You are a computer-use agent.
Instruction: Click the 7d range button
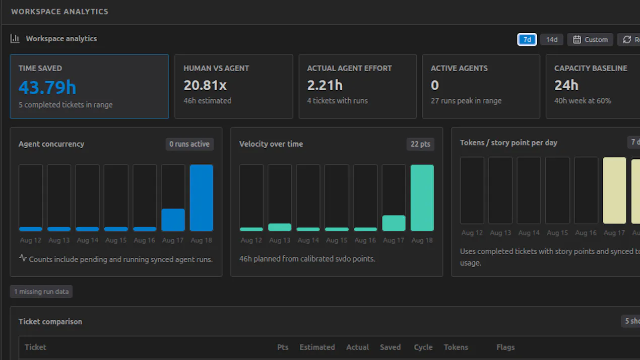tap(527, 39)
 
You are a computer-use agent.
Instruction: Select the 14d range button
tap(552, 39)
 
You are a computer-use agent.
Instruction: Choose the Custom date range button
tap(590, 39)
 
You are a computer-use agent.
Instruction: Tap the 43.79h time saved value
tap(47, 87)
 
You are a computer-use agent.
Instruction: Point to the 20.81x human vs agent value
tap(205, 85)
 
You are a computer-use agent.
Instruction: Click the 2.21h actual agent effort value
tap(325, 85)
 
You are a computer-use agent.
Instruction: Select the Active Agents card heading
tap(459, 69)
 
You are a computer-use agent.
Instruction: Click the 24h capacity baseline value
tap(566, 85)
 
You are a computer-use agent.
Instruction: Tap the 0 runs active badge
tap(189, 144)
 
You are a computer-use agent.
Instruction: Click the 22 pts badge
tap(420, 144)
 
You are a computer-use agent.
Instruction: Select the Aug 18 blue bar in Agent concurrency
tap(202, 198)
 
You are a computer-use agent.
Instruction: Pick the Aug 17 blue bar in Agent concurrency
tap(173, 220)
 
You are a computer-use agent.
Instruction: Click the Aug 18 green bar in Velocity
tap(422, 198)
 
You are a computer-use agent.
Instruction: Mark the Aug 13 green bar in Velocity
tap(280, 227)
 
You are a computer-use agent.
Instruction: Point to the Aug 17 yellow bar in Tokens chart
tap(614, 190)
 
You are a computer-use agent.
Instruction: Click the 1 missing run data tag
tap(41, 291)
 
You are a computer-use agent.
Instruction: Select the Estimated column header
tap(317, 347)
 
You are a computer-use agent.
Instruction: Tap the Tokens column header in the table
tap(456, 347)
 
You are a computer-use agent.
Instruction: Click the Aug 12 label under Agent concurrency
tap(31, 240)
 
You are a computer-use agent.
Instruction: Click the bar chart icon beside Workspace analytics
tap(15, 39)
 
